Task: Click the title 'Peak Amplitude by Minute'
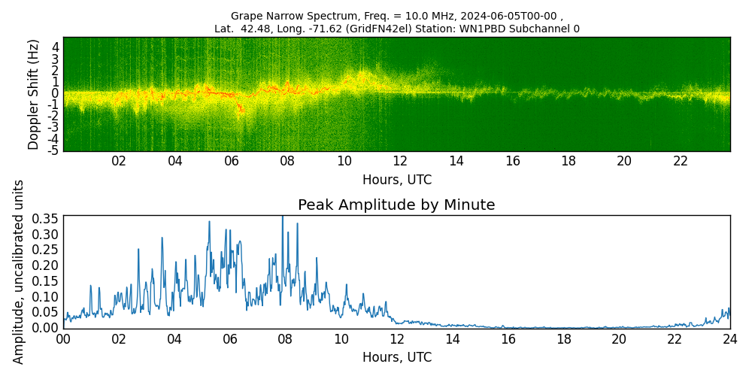(396, 205)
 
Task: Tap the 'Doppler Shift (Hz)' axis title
(34, 94)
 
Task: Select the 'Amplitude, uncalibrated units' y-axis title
(19, 271)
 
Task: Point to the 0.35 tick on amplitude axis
(44, 219)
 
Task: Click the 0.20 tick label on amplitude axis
(44, 265)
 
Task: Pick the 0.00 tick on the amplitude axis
(44, 328)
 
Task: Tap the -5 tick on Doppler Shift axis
(55, 151)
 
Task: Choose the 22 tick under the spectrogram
(681, 162)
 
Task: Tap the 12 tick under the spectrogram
(400, 162)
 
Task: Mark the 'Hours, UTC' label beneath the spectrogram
(396, 180)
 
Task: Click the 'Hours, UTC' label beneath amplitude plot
(396, 358)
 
